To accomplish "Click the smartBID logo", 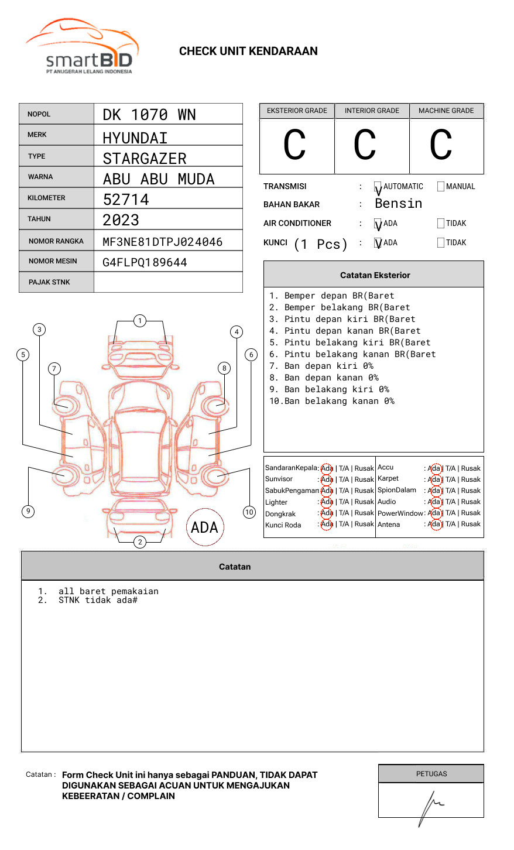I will pyautogui.click(x=82, y=47).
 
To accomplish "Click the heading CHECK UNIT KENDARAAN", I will pyautogui.click(x=248, y=52).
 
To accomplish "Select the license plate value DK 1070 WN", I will pyautogui.click(x=149, y=115).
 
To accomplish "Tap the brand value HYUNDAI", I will pyautogui.click(x=135, y=138).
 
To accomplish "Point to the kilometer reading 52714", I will pyautogui.click(x=126, y=200).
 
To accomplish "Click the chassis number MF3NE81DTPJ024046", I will pyautogui.click(x=162, y=242).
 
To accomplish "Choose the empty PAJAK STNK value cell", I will pyautogui.click(x=168, y=282).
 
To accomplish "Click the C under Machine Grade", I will pyautogui.click(x=441, y=145).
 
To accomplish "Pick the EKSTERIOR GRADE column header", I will pyautogui.click(x=297, y=111).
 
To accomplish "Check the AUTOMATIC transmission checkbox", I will pyautogui.click(x=378, y=187).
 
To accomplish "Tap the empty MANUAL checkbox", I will pyautogui.click(x=441, y=187).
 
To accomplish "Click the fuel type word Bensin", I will pyautogui.click(x=398, y=204).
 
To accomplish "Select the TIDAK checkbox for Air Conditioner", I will pyautogui.click(x=441, y=224).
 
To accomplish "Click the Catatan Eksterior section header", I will pyautogui.click(x=374, y=275).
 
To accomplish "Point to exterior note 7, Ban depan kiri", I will pyautogui.click(x=321, y=366).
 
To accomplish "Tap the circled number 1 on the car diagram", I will pyautogui.click(x=139, y=321).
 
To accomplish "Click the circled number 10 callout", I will pyautogui.click(x=249, y=512).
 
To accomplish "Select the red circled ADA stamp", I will pyautogui.click(x=204, y=527).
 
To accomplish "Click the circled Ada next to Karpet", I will pyautogui.click(x=434, y=479).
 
